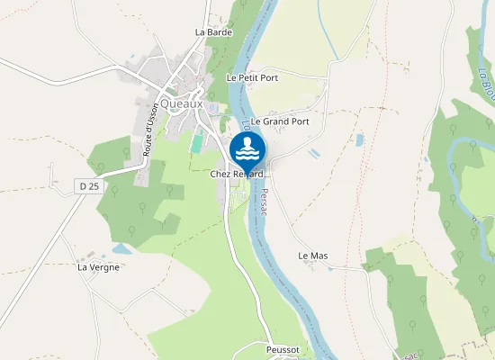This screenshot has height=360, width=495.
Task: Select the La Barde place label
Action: point(213,32)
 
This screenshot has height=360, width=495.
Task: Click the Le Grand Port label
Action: point(280,121)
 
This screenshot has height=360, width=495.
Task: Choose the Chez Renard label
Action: point(237,174)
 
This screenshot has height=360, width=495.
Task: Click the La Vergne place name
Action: point(98,267)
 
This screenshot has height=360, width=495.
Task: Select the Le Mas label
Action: point(313,256)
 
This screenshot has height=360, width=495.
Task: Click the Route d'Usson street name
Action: point(150,131)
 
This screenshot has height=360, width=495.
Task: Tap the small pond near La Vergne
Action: point(121,249)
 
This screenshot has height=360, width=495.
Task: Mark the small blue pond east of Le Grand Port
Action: point(360,140)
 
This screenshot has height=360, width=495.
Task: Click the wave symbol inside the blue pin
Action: point(247,155)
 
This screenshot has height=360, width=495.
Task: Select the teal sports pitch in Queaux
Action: point(197,143)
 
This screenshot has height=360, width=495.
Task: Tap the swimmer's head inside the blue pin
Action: point(247,141)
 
